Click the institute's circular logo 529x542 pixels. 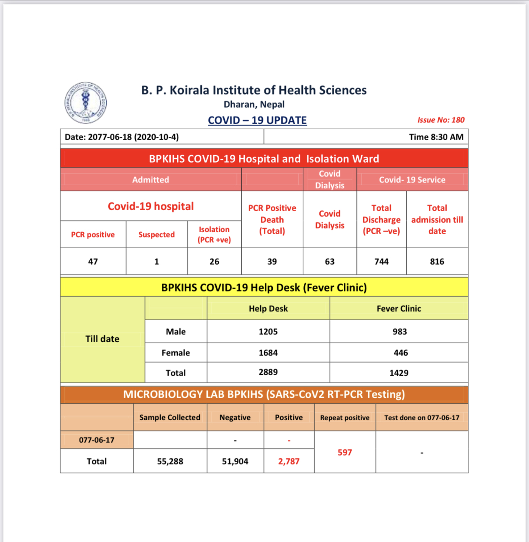click(86, 103)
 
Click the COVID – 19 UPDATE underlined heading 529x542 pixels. click(257, 120)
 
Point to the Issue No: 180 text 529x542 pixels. click(441, 120)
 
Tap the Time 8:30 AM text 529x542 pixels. click(436, 137)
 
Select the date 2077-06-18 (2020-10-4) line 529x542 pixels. click(122, 137)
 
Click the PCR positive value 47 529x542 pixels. click(93, 261)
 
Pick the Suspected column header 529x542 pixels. click(157, 235)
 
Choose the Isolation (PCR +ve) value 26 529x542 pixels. click(214, 261)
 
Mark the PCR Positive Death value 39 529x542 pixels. click(272, 261)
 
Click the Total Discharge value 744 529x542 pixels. click(381, 261)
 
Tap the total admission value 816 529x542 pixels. click(437, 261)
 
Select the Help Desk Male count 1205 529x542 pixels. click(268, 331)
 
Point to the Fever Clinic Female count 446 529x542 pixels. click(401, 353)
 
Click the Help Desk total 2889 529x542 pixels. click(268, 372)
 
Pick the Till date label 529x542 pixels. click(103, 339)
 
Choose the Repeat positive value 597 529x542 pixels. click(345, 452)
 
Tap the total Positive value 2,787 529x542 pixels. click(289, 461)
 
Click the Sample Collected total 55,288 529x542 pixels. click(170, 461)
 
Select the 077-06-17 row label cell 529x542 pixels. click(96, 440)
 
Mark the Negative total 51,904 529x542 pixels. click(235, 461)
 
